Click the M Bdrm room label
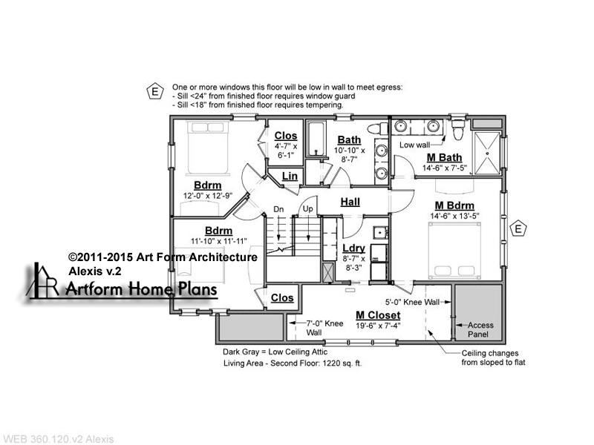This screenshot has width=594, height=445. (x=454, y=205)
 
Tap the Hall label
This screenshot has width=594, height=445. (x=350, y=202)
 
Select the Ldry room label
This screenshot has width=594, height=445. (x=354, y=248)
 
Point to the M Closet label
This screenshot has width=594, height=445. (x=378, y=315)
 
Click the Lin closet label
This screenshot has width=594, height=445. (x=290, y=176)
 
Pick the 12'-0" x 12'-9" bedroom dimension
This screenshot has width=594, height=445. (x=208, y=196)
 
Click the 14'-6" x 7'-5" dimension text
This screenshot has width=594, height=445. (x=444, y=168)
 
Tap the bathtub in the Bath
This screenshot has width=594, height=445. (x=316, y=139)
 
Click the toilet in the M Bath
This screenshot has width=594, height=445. (x=458, y=128)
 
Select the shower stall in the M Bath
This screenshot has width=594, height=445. (x=487, y=153)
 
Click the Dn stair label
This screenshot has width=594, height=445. (x=278, y=209)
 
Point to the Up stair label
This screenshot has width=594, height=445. (x=307, y=209)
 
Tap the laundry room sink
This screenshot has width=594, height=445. (x=379, y=233)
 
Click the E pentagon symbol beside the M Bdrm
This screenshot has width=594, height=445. (x=518, y=228)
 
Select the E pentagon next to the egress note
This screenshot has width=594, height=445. (x=155, y=90)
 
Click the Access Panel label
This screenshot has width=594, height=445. (x=480, y=329)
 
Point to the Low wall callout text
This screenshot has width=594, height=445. (x=414, y=145)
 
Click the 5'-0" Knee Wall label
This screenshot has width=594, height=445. (x=413, y=303)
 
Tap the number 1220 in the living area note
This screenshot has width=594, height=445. (x=330, y=363)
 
